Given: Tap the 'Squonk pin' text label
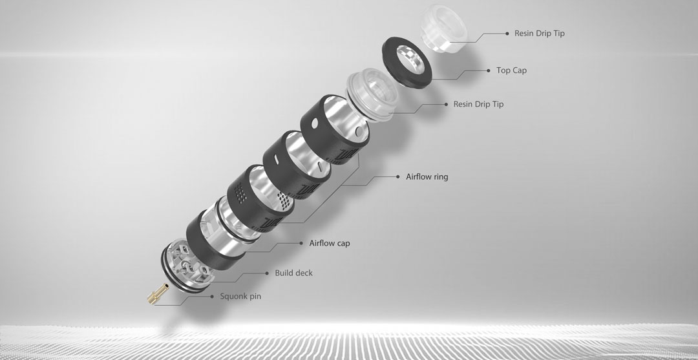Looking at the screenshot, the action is click(240, 297).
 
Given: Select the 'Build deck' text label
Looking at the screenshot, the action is click(294, 273).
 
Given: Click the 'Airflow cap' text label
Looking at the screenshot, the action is click(330, 244).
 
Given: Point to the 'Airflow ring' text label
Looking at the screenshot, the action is click(427, 176).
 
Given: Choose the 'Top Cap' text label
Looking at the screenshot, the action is click(511, 70).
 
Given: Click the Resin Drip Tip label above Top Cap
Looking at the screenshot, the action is click(540, 34).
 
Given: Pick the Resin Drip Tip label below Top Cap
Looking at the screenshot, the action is click(478, 104).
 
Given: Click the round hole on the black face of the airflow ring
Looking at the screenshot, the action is click(315, 122).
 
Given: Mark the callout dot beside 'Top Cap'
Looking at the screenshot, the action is click(489, 70).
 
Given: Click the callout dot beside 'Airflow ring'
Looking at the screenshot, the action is click(398, 176).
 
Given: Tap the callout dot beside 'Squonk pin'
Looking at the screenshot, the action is click(212, 297).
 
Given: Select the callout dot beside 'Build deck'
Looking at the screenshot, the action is click(267, 273).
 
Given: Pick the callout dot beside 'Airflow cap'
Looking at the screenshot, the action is click(301, 244).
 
